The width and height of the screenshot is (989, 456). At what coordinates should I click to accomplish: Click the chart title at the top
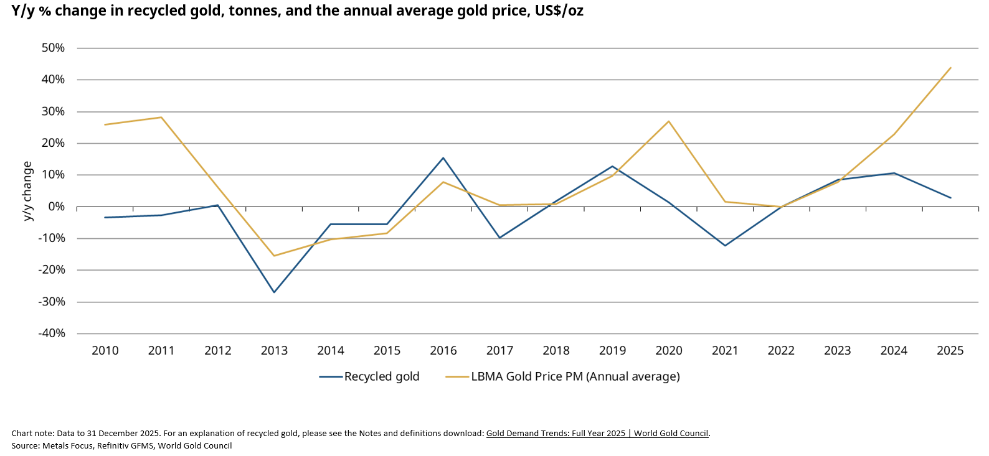(297, 11)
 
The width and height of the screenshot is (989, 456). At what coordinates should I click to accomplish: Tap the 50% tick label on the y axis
(53, 48)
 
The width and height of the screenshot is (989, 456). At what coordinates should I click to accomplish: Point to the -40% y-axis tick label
(52, 333)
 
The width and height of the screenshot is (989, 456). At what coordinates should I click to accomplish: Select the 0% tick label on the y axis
(57, 207)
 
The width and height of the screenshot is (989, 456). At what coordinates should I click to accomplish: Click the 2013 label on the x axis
(274, 351)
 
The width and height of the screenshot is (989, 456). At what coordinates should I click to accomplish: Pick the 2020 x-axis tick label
(669, 351)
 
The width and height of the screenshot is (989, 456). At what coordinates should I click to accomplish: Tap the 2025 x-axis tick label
(950, 351)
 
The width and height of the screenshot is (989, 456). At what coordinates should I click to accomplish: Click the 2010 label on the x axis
(105, 351)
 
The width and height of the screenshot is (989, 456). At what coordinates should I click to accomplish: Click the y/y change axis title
(27, 191)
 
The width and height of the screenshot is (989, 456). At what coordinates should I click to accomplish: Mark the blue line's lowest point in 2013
(274, 292)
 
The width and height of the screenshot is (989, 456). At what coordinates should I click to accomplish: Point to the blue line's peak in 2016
(443, 157)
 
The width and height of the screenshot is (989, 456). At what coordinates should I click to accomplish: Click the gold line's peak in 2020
(669, 121)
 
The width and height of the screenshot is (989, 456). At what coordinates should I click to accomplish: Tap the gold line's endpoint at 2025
(950, 68)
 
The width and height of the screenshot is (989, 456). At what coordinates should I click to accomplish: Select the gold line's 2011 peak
(161, 117)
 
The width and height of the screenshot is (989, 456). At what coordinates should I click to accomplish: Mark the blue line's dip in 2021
(725, 246)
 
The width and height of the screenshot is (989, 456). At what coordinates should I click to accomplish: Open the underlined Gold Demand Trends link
(597, 434)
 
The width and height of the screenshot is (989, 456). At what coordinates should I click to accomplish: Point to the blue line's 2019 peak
(612, 166)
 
